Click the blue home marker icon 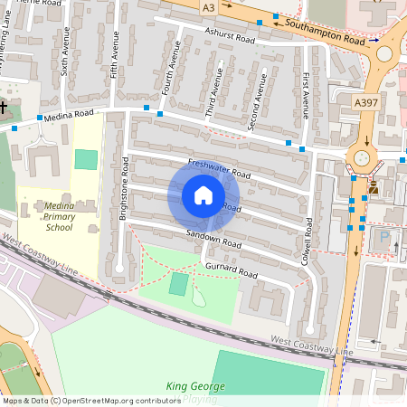(203, 195)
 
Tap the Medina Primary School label (71, 218)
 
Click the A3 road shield (209, 7)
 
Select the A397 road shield (366, 103)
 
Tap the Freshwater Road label (219, 167)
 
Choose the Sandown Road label (213, 240)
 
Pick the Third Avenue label (213, 99)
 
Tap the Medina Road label (71, 115)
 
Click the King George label (194, 387)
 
